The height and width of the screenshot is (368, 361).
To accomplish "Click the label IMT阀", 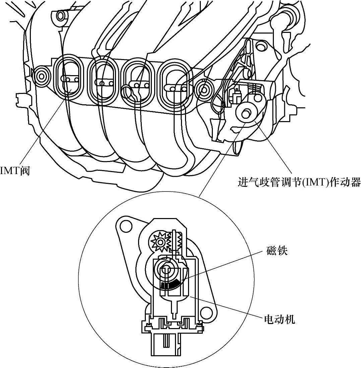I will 15,171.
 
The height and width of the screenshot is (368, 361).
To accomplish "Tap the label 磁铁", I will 277,251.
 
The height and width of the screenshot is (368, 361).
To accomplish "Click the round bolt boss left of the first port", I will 42,76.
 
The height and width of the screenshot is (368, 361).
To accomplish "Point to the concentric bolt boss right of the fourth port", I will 203,89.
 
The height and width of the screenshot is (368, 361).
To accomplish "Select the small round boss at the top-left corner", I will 60,15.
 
